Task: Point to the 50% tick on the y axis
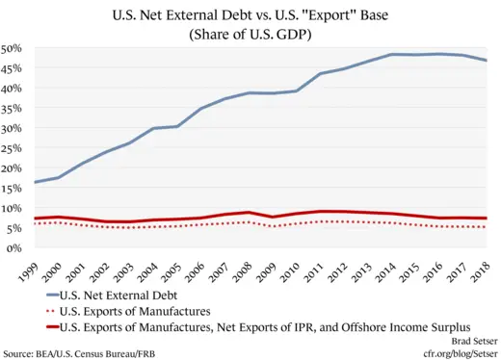pos(13,48)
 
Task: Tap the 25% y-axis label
pos(13,147)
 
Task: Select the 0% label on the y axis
pos(15,247)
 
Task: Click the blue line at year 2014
pos(393,55)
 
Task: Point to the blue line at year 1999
pos(36,182)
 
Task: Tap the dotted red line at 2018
pos(485,226)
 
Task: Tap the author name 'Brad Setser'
pos(465,340)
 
